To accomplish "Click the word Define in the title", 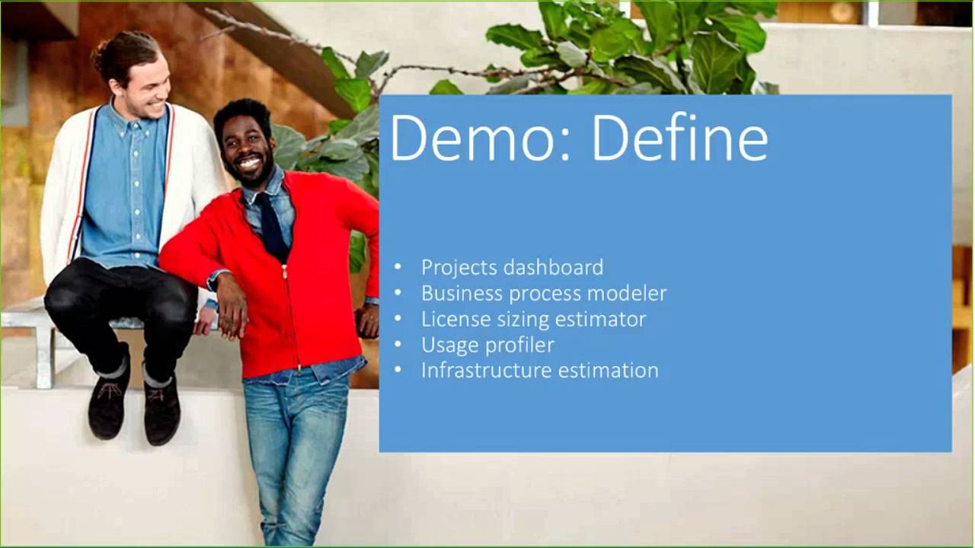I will pos(679,137).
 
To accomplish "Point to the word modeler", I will pos(631,293).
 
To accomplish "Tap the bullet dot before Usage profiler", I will pos(398,345).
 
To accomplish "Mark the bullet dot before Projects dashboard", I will pos(398,267).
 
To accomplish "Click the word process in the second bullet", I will pos(544,294).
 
